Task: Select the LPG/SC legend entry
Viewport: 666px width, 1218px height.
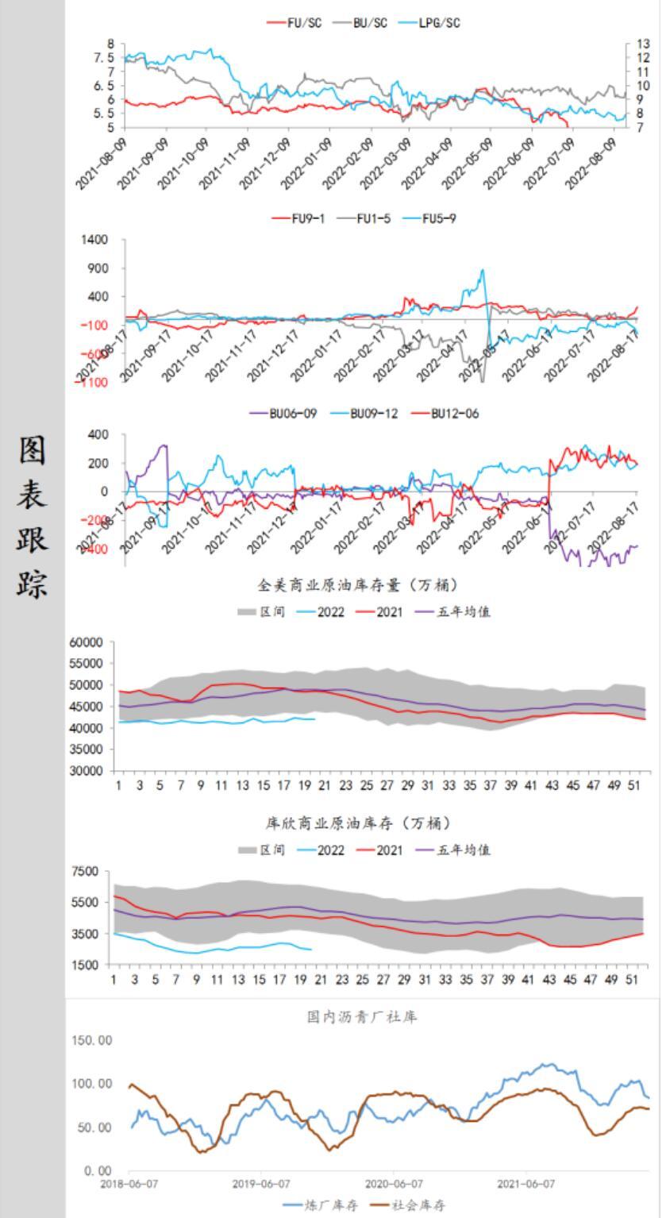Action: click(x=432, y=23)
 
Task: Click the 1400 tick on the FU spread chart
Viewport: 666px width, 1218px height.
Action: click(x=93, y=240)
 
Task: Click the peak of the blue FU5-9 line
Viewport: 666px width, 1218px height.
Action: click(x=482, y=270)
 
